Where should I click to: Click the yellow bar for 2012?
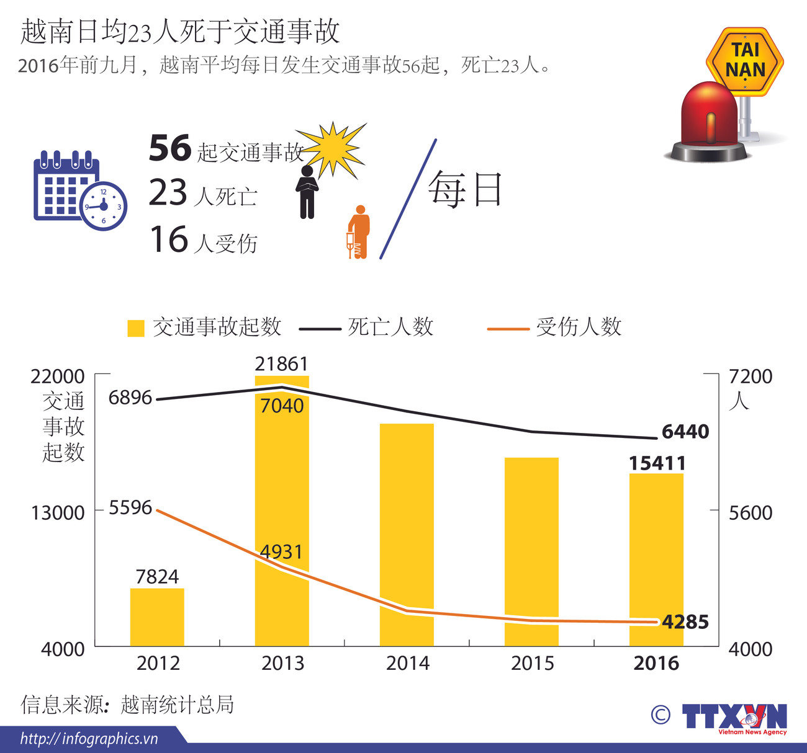click(x=157, y=617)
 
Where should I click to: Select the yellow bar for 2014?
click(x=407, y=533)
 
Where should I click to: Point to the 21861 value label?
click(x=281, y=364)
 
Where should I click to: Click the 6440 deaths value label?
click(x=685, y=432)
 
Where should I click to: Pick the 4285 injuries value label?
click(x=685, y=622)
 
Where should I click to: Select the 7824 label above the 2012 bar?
click(x=157, y=577)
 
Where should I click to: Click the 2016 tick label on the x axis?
click(x=656, y=663)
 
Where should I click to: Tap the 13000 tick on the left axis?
click(x=58, y=513)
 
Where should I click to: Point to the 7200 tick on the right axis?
click(x=751, y=377)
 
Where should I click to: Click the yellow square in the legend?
click(x=135, y=328)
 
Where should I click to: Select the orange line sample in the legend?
click(x=508, y=328)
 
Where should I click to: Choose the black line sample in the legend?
click(x=320, y=328)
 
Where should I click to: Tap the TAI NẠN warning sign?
click(x=745, y=61)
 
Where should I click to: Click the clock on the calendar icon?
click(x=104, y=206)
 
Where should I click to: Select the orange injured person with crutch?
click(x=358, y=232)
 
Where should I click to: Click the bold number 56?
click(x=169, y=148)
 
